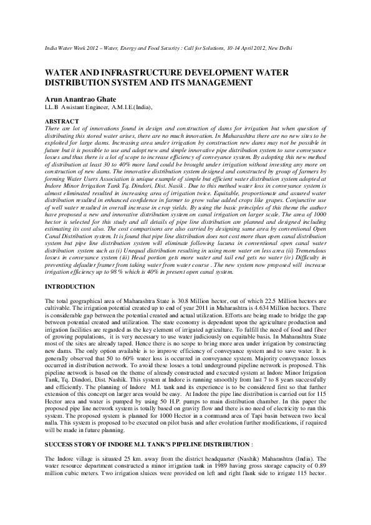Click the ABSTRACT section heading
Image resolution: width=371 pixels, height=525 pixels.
tap(62, 121)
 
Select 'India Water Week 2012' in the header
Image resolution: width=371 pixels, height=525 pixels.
tap(72, 48)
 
